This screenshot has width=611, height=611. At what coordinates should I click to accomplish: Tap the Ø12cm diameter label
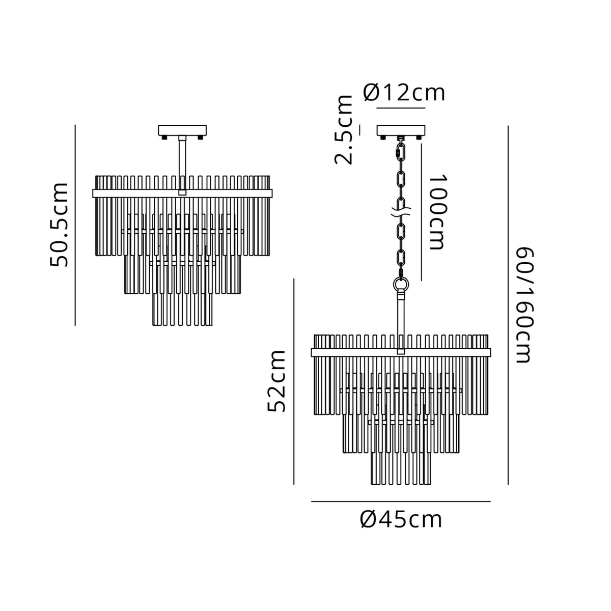click(x=404, y=93)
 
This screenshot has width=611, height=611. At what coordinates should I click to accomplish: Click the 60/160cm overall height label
click(x=524, y=305)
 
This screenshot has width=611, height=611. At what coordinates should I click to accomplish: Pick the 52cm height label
click(x=277, y=380)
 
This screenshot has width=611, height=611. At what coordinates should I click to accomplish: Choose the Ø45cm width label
click(x=401, y=520)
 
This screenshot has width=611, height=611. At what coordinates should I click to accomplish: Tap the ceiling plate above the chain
click(x=400, y=131)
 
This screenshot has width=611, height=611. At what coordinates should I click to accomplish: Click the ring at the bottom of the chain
click(x=401, y=283)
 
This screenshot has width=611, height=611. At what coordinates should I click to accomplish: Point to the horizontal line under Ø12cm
click(x=400, y=109)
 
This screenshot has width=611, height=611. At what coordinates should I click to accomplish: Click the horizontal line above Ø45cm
click(x=401, y=502)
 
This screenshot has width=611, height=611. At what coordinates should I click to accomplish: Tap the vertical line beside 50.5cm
click(x=75, y=225)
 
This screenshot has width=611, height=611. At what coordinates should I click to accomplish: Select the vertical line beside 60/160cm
click(x=508, y=305)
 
